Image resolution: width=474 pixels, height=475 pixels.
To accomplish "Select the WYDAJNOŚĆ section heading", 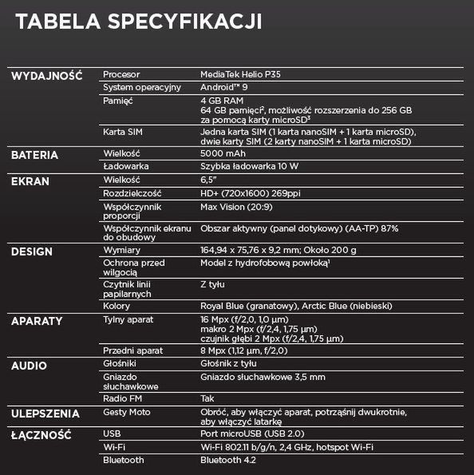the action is tap(45, 75).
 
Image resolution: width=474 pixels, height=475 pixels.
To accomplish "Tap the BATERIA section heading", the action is tap(34, 154).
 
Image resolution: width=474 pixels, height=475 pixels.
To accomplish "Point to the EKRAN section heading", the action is tap(30, 181).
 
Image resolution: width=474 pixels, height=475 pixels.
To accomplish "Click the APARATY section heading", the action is tap(37, 321).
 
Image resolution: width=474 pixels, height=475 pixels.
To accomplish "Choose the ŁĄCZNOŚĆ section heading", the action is tap(41, 435).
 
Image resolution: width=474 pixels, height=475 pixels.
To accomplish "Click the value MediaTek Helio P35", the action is tap(240, 74).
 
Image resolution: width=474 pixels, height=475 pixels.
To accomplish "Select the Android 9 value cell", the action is tap(224, 86).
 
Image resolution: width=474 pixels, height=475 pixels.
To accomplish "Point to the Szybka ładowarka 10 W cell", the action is tap(248, 167).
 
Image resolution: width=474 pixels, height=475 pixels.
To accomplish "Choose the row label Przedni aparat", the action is tap(133, 350).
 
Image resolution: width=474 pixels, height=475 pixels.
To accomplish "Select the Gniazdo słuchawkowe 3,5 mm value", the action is tap(263, 376).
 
